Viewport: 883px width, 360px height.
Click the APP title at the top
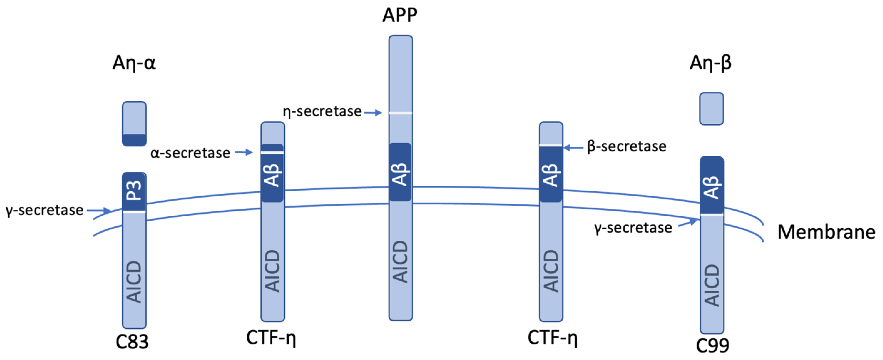coord(400,15)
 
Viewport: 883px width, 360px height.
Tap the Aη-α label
coord(134,63)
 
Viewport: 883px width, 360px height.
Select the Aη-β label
coord(710,63)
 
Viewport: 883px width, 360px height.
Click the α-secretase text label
coord(190,153)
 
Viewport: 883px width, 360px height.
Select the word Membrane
coord(826,232)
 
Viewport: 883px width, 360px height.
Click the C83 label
coord(132,342)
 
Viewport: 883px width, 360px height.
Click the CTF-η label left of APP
coord(271,338)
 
